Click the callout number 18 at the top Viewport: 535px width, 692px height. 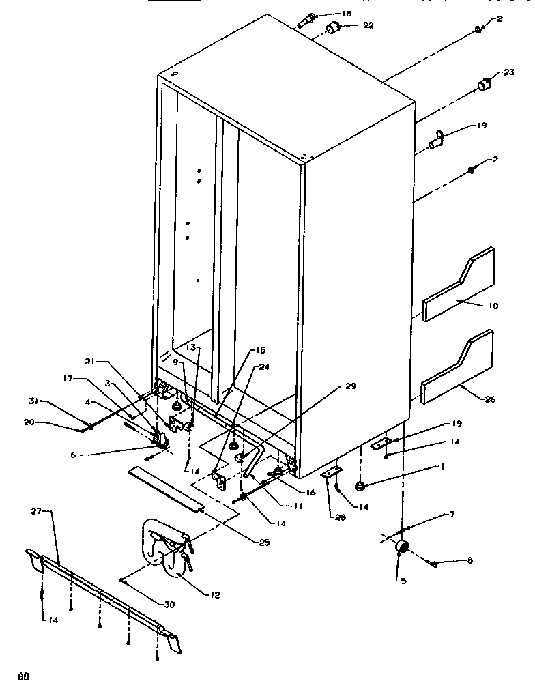[347, 14]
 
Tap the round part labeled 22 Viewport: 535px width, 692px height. [334, 27]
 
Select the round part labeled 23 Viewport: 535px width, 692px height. [485, 85]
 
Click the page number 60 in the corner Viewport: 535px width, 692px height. [24, 677]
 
